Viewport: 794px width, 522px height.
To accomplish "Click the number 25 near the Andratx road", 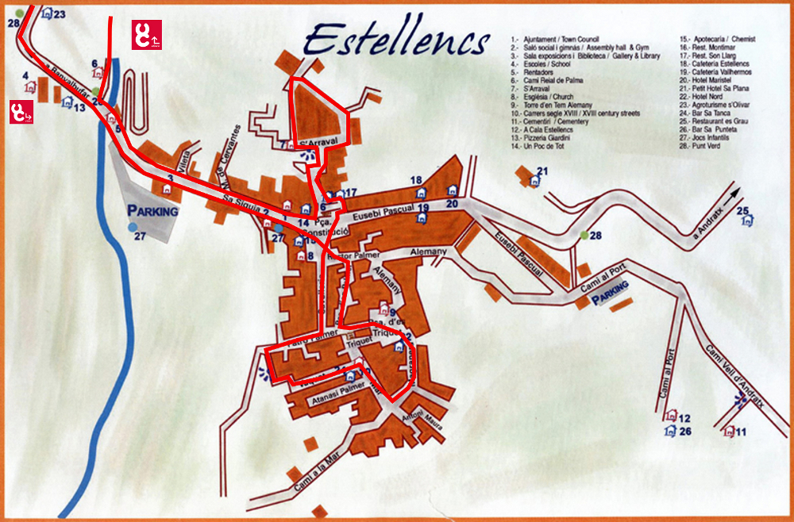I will click(742, 211).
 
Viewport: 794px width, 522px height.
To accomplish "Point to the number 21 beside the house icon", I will click(543, 171).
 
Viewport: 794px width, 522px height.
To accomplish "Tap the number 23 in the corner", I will click(60, 14).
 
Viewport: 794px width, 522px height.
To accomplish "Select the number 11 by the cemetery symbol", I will click(741, 432).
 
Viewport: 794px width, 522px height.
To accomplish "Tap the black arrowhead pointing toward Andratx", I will click(733, 193).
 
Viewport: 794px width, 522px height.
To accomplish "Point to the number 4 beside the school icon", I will click(26, 76).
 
